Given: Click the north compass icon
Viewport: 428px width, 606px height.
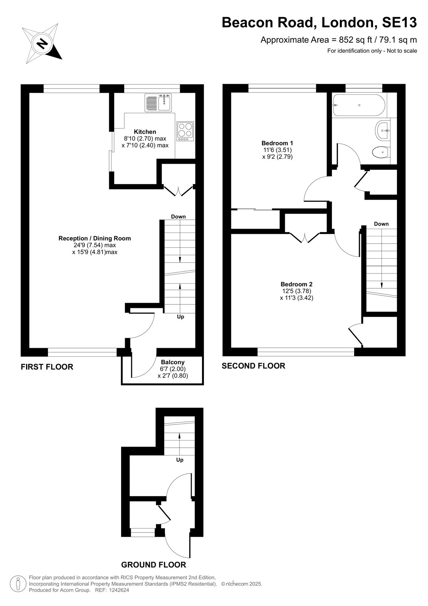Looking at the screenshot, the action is (x=42, y=44).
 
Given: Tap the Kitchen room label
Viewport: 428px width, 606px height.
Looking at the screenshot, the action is (x=145, y=132).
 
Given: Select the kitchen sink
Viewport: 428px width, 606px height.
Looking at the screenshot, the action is (x=158, y=103).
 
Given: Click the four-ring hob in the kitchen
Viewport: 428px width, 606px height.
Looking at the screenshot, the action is (x=185, y=131).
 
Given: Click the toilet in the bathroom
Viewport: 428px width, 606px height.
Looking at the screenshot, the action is (x=381, y=152).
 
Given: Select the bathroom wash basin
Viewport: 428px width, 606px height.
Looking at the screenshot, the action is (x=382, y=131).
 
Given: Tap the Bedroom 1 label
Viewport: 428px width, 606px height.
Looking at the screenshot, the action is (x=277, y=143).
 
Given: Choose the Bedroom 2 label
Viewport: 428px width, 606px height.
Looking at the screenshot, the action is (x=296, y=284).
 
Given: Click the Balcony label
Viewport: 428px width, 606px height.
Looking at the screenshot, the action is (x=173, y=362).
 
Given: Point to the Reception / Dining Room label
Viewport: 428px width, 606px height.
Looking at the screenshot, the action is (x=95, y=238).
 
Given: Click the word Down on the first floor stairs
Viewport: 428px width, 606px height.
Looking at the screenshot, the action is (x=178, y=216).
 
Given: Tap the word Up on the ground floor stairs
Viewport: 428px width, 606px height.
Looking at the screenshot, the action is (x=180, y=460).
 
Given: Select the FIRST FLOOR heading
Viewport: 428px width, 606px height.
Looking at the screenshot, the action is (x=47, y=367).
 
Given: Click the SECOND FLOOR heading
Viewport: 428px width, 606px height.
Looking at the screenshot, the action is (x=253, y=366).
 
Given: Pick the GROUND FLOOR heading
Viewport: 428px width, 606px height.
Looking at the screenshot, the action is (x=154, y=565).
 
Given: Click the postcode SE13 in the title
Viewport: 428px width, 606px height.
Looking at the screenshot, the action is (x=399, y=22).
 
